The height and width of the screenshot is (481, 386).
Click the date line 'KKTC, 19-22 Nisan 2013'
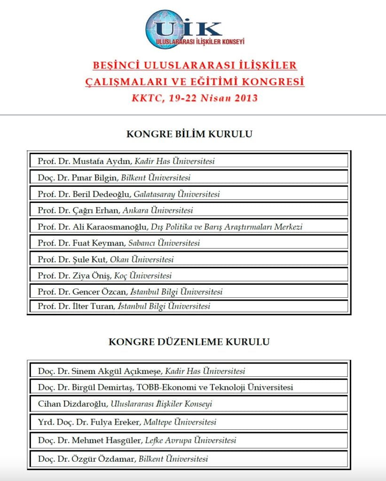click(195, 98)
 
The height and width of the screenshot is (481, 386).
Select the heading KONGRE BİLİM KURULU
click(189, 134)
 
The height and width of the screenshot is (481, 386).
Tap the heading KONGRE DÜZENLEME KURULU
click(189, 341)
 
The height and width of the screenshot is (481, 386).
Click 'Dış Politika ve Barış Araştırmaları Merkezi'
click(227, 227)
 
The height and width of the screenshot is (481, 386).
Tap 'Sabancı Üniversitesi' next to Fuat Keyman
click(164, 243)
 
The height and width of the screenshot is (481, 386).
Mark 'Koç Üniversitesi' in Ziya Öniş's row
click(143, 276)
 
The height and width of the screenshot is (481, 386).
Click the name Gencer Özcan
click(99, 292)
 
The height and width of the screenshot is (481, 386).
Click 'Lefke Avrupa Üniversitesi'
click(190, 441)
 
